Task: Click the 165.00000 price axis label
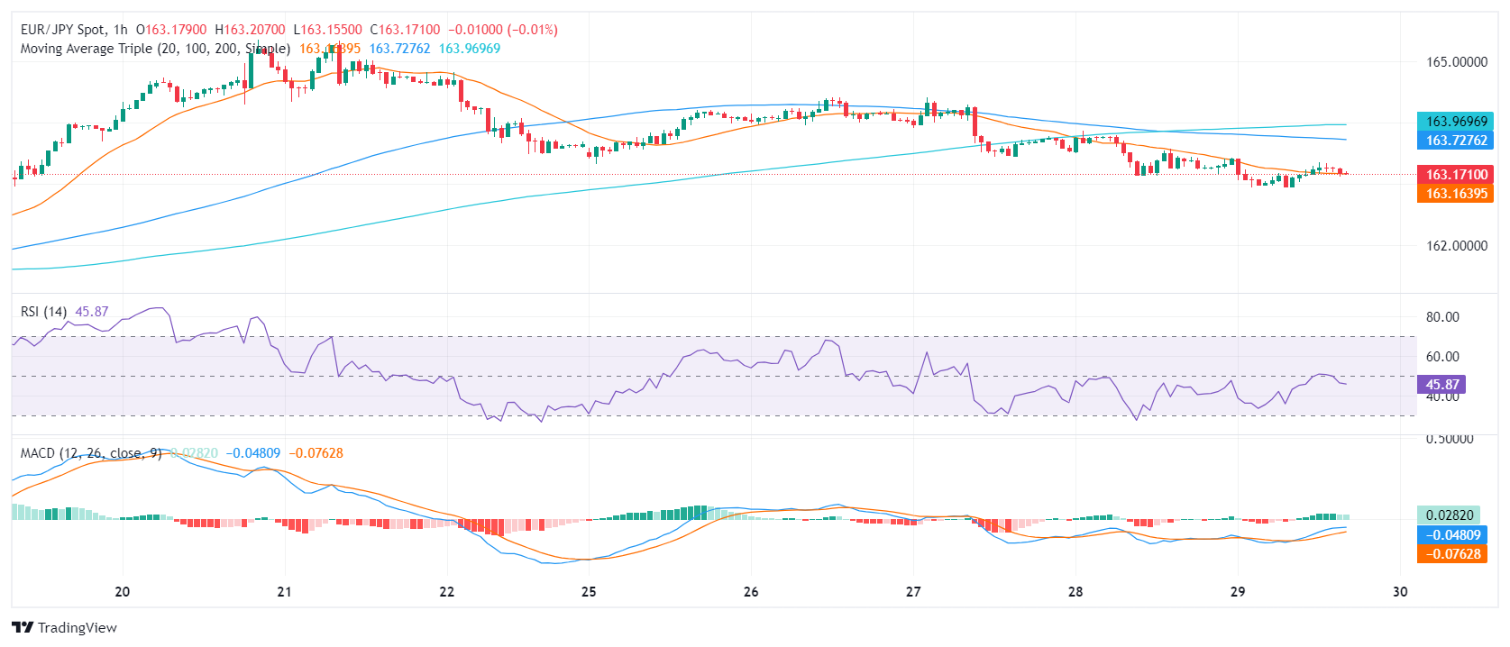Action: (1456, 62)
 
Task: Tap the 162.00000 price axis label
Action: (1456, 245)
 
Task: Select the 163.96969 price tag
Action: (1456, 122)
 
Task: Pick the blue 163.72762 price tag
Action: (1456, 141)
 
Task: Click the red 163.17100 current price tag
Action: (1456, 175)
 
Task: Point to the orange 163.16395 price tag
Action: (1456, 194)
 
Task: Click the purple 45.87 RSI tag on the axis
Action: (1441, 385)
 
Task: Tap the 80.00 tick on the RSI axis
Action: (1442, 317)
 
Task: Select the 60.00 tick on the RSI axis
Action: (1442, 357)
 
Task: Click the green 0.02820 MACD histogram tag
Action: (1450, 515)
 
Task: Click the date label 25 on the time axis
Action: (589, 592)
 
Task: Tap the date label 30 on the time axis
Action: (1400, 592)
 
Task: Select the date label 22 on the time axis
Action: (447, 592)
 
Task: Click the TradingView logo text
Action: (77, 628)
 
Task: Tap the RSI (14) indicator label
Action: (43, 312)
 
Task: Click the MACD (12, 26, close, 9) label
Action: (91, 453)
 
